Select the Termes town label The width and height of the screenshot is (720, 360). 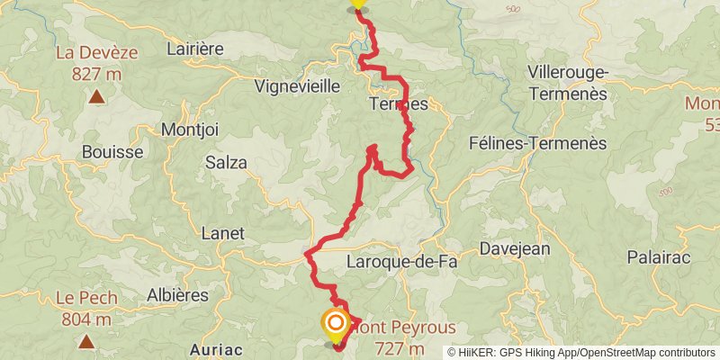coord(398,104)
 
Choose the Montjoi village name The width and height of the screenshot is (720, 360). coord(189,130)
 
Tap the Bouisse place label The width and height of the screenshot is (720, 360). coord(112,152)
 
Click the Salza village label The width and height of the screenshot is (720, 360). coord(226,162)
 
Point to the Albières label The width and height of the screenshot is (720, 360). coord(177,294)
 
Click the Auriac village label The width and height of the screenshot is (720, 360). coord(215,349)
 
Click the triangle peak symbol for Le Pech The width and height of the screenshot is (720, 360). coord(86,341)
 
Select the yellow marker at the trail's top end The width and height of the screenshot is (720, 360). coord(357,4)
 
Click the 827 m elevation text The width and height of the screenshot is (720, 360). coord(96,73)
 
